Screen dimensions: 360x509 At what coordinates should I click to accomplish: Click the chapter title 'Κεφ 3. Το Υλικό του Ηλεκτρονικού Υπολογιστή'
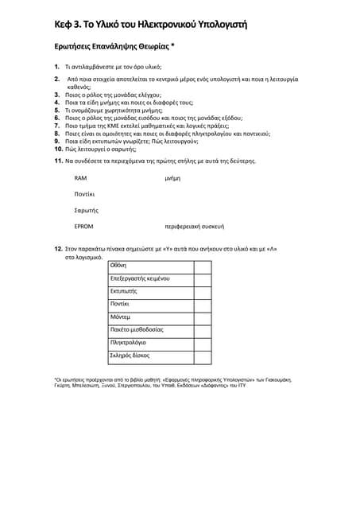point(150,25)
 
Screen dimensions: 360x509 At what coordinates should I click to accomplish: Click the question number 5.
point(58,110)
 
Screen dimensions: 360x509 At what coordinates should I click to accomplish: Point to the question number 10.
point(59,149)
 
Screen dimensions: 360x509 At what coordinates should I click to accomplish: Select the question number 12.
point(59,249)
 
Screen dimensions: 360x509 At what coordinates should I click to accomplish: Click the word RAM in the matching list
point(80,178)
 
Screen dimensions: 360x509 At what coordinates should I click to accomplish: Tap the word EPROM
point(83,226)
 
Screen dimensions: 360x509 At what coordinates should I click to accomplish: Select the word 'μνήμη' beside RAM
point(172,178)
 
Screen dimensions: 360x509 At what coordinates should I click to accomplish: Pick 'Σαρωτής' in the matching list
point(86,210)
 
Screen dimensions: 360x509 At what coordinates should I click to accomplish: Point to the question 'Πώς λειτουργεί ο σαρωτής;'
point(107,149)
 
